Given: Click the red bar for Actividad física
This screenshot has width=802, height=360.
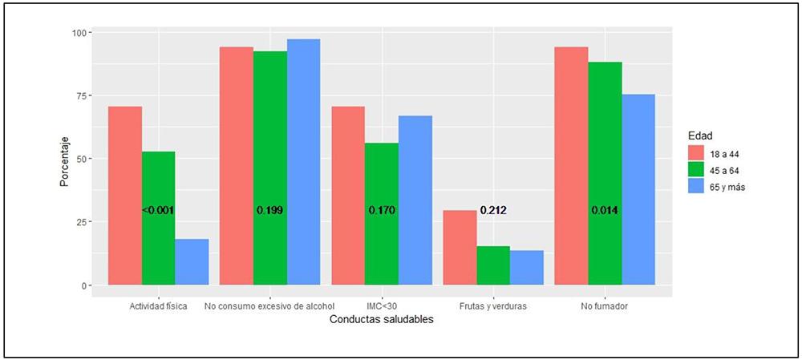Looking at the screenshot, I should pos(125,196).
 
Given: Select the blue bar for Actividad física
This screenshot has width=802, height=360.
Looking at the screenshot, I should pos(192,261).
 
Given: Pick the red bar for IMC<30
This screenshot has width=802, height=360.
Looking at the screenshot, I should pos(348,196).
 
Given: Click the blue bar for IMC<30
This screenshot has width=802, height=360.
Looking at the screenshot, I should pos(415,200).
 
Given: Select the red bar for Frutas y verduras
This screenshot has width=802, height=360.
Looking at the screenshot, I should pos(460,248).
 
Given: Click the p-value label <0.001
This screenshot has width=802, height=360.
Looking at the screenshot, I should pos(158,210).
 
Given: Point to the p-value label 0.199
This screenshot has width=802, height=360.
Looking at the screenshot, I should pos(269,210).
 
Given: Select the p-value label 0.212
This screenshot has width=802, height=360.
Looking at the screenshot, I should pos(493,210).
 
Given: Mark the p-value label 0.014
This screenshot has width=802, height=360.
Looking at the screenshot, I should pos(605,210).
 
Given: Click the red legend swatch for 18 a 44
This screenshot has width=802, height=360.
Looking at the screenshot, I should pos(696,152).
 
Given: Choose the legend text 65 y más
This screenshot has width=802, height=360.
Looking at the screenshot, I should pos(731,187).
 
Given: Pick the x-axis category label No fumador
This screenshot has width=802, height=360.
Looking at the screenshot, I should pos(605,305).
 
